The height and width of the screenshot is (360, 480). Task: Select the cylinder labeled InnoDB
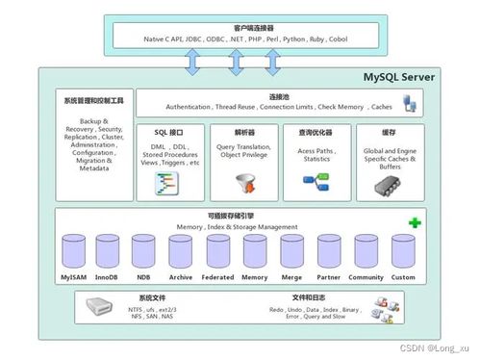pyautogui.click(x=107, y=253)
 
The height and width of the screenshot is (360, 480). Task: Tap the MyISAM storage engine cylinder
pyautogui.click(x=72, y=253)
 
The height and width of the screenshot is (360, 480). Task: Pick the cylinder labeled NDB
pyautogui.click(x=143, y=253)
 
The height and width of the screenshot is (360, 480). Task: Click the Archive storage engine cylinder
pyautogui.click(x=180, y=253)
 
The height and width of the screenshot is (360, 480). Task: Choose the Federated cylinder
pyautogui.click(x=216, y=253)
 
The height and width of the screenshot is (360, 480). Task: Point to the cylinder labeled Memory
pyautogui.click(x=254, y=253)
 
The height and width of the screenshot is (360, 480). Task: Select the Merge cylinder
pyautogui.click(x=291, y=253)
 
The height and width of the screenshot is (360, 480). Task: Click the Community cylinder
pyautogui.click(x=366, y=253)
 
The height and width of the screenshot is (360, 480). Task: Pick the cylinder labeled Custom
pyautogui.click(x=403, y=253)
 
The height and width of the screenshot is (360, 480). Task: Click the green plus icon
pyautogui.click(x=415, y=222)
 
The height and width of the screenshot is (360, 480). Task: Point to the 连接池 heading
pyautogui.click(x=280, y=96)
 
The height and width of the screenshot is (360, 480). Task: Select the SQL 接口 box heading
pyautogui.click(x=168, y=132)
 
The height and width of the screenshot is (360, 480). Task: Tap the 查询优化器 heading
pyautogui.click(x=316, y=132)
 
